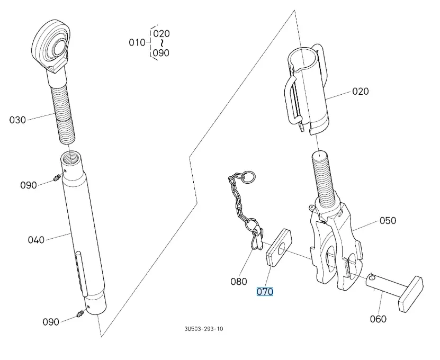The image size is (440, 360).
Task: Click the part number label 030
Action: [x=17, y=120]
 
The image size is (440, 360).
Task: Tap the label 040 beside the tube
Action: [x=36, y=240]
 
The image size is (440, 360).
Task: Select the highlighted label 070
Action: [x=265, y=292]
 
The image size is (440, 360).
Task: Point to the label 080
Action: [x=239, y=282]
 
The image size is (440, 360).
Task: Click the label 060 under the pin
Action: [x=378, y=319]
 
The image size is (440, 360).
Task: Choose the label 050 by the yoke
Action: [x=388, y=220]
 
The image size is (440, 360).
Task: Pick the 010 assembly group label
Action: [x=137, y=42]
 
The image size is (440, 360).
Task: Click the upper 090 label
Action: [x=29, y=185]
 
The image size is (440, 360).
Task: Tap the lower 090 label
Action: [x=51, y=322]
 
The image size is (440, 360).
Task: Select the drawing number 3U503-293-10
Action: [x=203, y=329]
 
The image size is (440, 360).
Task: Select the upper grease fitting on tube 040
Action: [x=57, y=180]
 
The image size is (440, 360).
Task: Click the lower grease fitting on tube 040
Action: [x=80, y=313]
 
